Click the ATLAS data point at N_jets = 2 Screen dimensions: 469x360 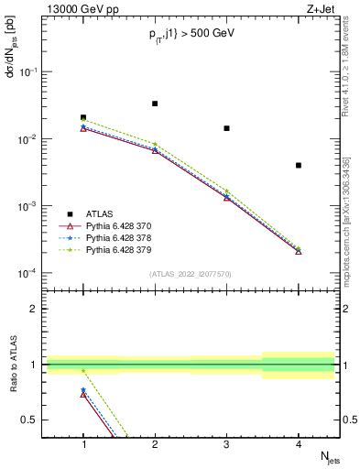(x=155, y=104)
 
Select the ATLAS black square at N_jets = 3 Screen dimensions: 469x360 (x=226, y=128)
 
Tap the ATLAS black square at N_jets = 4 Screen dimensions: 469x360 (x=299, y=165)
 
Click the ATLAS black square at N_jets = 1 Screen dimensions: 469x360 (x=83, y=117)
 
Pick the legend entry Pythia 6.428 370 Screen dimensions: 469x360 (x=125, y=225)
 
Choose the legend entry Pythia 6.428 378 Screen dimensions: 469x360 (x=125, y=237)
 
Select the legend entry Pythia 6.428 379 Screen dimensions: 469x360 (x=125, y=249)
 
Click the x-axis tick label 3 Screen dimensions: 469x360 (x=226, y=443)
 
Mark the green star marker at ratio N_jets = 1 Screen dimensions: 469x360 (x=83, y=371)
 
